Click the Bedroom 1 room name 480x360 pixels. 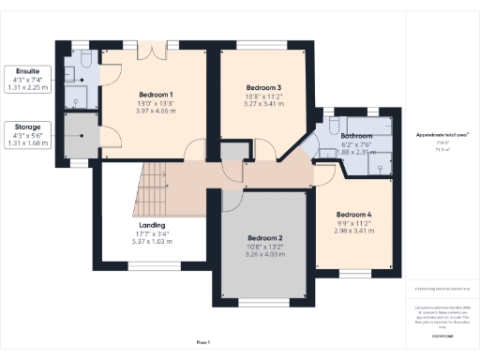tap(156, 95)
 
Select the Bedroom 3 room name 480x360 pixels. tap(262, 87)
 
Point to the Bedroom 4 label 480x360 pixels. tap(353, 215)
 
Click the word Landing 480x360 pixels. tap(152, 225)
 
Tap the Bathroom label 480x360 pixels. tap(356, 136)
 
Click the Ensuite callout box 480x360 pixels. tap(27, 80)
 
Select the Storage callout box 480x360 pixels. tap(27, 135)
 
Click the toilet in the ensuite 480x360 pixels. tap(83, 59)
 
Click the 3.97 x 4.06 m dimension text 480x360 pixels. tap(156, 112)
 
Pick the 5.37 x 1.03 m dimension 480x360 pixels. tap(152, 242)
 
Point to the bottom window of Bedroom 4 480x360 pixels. tap(354, 272)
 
